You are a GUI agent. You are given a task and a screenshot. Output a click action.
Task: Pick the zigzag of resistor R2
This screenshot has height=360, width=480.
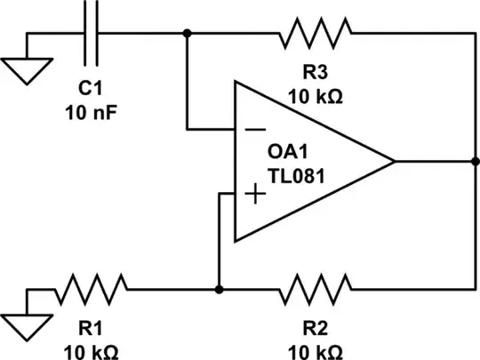pyautogui.click(x=316, y=289)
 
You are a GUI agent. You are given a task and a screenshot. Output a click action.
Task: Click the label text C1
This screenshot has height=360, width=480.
pyautogui.click(x=91, y=91)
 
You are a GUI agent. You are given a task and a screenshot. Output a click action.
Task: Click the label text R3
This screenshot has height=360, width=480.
pyautogui.click(x=316, y=71)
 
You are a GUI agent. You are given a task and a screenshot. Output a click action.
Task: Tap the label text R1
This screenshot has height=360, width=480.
pyautogui.click(x=90, y=326)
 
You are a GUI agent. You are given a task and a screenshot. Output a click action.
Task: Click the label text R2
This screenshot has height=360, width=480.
pyautogui.click(x=316, y=326)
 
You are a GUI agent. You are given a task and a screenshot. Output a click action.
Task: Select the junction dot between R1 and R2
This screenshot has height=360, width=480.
pyautogui.click(x=219, y=289)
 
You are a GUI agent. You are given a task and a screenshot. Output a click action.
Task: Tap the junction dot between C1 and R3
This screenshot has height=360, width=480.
pyautogui.click(x=188, y=33)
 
